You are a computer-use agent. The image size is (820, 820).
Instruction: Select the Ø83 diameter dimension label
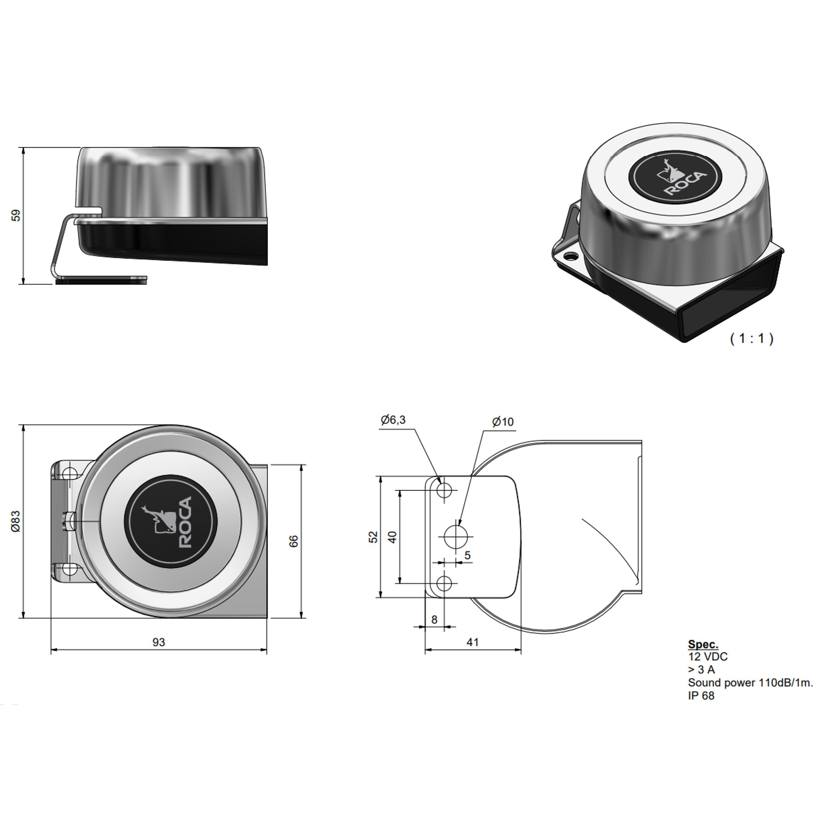click(16, 521)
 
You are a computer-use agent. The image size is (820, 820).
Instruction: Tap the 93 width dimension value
click(159, 642)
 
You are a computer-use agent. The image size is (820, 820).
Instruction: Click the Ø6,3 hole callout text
click(393, 420)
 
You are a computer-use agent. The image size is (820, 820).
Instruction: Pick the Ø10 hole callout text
click(503, 422)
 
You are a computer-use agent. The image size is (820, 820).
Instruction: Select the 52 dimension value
click(373, 537)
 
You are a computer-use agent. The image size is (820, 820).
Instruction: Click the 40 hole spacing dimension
click(393, 537)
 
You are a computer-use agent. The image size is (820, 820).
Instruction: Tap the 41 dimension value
click(472, 642)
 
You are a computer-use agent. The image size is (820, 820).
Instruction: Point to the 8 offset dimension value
click(434, 620)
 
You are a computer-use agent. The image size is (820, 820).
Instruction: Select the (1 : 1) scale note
click(752, 338)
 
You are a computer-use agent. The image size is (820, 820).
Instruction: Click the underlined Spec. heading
click(703, 644)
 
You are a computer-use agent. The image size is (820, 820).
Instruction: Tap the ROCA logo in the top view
click(171, 522)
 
